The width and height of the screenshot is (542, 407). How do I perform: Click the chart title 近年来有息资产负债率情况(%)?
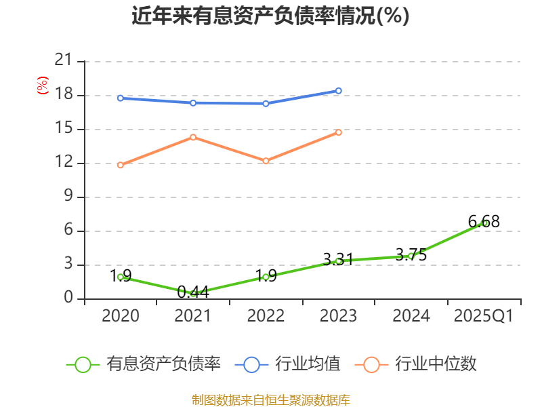point(270,16)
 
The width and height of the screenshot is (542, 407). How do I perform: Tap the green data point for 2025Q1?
point(484,222)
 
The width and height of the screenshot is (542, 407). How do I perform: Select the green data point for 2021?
point(193,293)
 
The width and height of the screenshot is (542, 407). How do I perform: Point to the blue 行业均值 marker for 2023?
point(339,91)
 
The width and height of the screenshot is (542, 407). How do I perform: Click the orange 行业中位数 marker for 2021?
point(193,137)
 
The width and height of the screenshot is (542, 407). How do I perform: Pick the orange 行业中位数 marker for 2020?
point(121,165)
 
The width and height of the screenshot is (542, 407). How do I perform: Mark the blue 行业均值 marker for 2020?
point(121,98)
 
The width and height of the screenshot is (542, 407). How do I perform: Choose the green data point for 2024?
point(411,256)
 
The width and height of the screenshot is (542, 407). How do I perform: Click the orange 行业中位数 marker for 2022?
point(266,161)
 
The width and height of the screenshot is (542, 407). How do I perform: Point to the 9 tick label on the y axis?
point(68,197)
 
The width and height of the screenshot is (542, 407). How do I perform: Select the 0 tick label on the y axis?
point(68,298)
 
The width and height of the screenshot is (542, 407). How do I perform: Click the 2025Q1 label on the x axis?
point(483,316)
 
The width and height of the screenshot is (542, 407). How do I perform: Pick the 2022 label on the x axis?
point(266,316)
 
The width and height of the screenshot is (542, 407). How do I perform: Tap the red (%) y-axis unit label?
point(43,86)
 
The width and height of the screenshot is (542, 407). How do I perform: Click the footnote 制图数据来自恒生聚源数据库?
point(270,400)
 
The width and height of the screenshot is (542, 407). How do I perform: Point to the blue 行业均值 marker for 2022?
point(266,103)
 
